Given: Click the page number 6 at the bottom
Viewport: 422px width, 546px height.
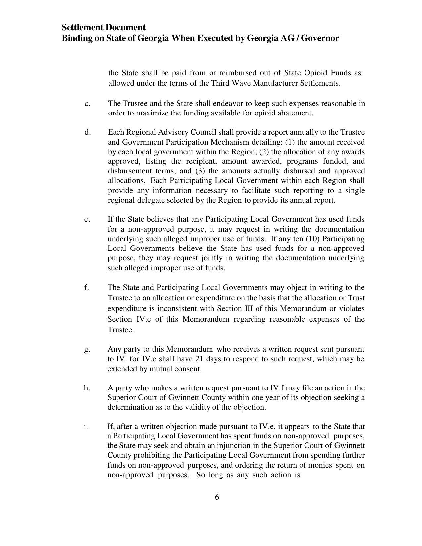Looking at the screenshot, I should [x=217, y=497].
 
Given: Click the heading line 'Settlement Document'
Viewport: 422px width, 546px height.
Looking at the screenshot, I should [x=103, y=27].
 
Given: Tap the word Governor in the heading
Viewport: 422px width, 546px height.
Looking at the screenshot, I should [x=320, y=38].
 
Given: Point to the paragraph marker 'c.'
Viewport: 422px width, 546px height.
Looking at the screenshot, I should [x=87, y=104].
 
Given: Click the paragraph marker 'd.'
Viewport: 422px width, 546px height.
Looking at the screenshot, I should [x=87, y=132].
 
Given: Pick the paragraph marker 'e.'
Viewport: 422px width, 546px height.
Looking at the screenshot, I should [x=87, y=219].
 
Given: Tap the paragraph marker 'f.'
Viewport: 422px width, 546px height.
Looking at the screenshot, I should [x=87, y=287].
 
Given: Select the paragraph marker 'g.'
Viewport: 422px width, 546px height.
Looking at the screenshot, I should [x=87, y=349].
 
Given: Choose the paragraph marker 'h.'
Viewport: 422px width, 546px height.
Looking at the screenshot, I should [x=87, y=388].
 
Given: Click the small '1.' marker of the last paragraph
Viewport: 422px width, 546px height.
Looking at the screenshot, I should [x=86, y=427].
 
